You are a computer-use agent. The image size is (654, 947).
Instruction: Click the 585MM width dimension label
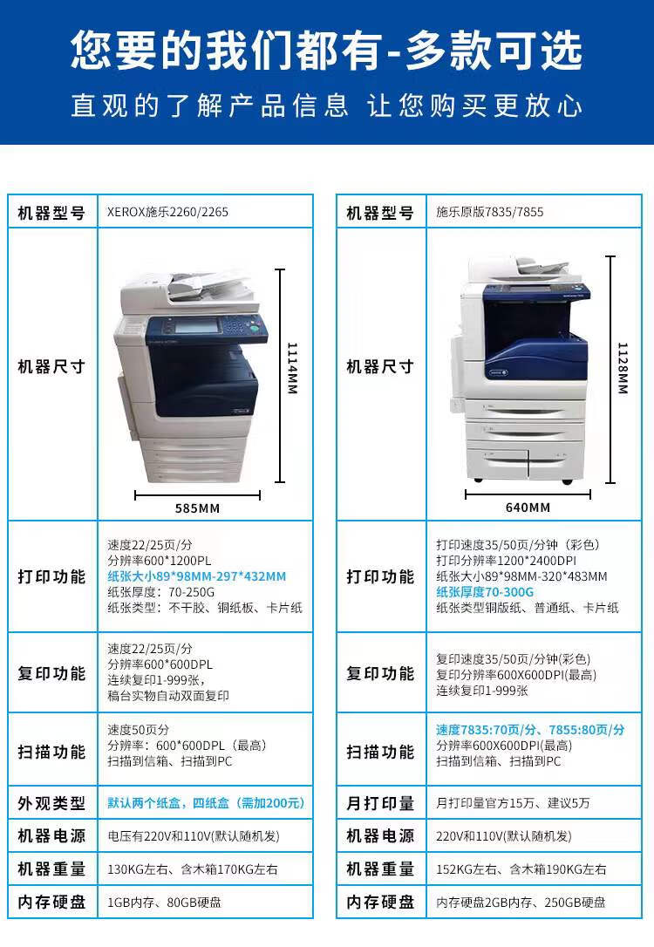pyautogui.click(x=197, y=508)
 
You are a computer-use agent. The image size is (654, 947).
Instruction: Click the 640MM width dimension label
pyautogui.click(x=528, y=508)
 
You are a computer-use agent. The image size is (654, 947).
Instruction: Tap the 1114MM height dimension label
pyautogui.click(x=292, y=367)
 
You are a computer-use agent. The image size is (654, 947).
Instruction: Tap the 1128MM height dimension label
pyautogui.click(x=622, y=367)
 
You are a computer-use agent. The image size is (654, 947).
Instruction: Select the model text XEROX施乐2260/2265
pyautogui.click(x=167, y=212)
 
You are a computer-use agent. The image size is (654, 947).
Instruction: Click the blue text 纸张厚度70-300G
pyautogui.click(x=485, y=591)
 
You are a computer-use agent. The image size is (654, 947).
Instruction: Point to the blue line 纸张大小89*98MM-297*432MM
pyautogui.click(x=196, y=576)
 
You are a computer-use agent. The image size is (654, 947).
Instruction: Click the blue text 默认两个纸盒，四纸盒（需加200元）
pyautogui.click(x=206, y=802)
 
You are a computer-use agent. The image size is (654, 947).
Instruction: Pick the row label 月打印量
pyautogui.click(x=380, y=803)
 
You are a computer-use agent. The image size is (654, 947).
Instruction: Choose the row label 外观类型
pyautogui.click(x=51, y=803)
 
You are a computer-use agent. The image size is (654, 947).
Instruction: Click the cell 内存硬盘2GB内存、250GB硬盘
pyautogui.click(x=521, y=903)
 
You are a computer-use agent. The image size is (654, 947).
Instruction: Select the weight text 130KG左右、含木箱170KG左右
pyautogui.click(x=193, y=869)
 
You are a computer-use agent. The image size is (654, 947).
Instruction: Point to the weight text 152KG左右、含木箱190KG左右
pyautogui.click(x=521, y=869)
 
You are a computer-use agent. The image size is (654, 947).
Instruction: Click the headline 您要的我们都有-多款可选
pyautogui.click(x=326, y=51)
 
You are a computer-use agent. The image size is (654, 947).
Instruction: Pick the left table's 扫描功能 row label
pyautogui.click(x=51, y=752)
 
